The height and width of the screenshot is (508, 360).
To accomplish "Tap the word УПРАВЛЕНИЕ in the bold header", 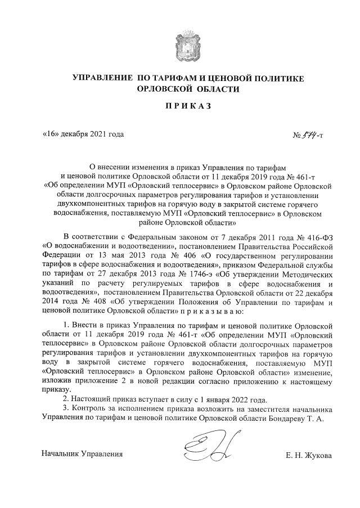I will tap(105, 79).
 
